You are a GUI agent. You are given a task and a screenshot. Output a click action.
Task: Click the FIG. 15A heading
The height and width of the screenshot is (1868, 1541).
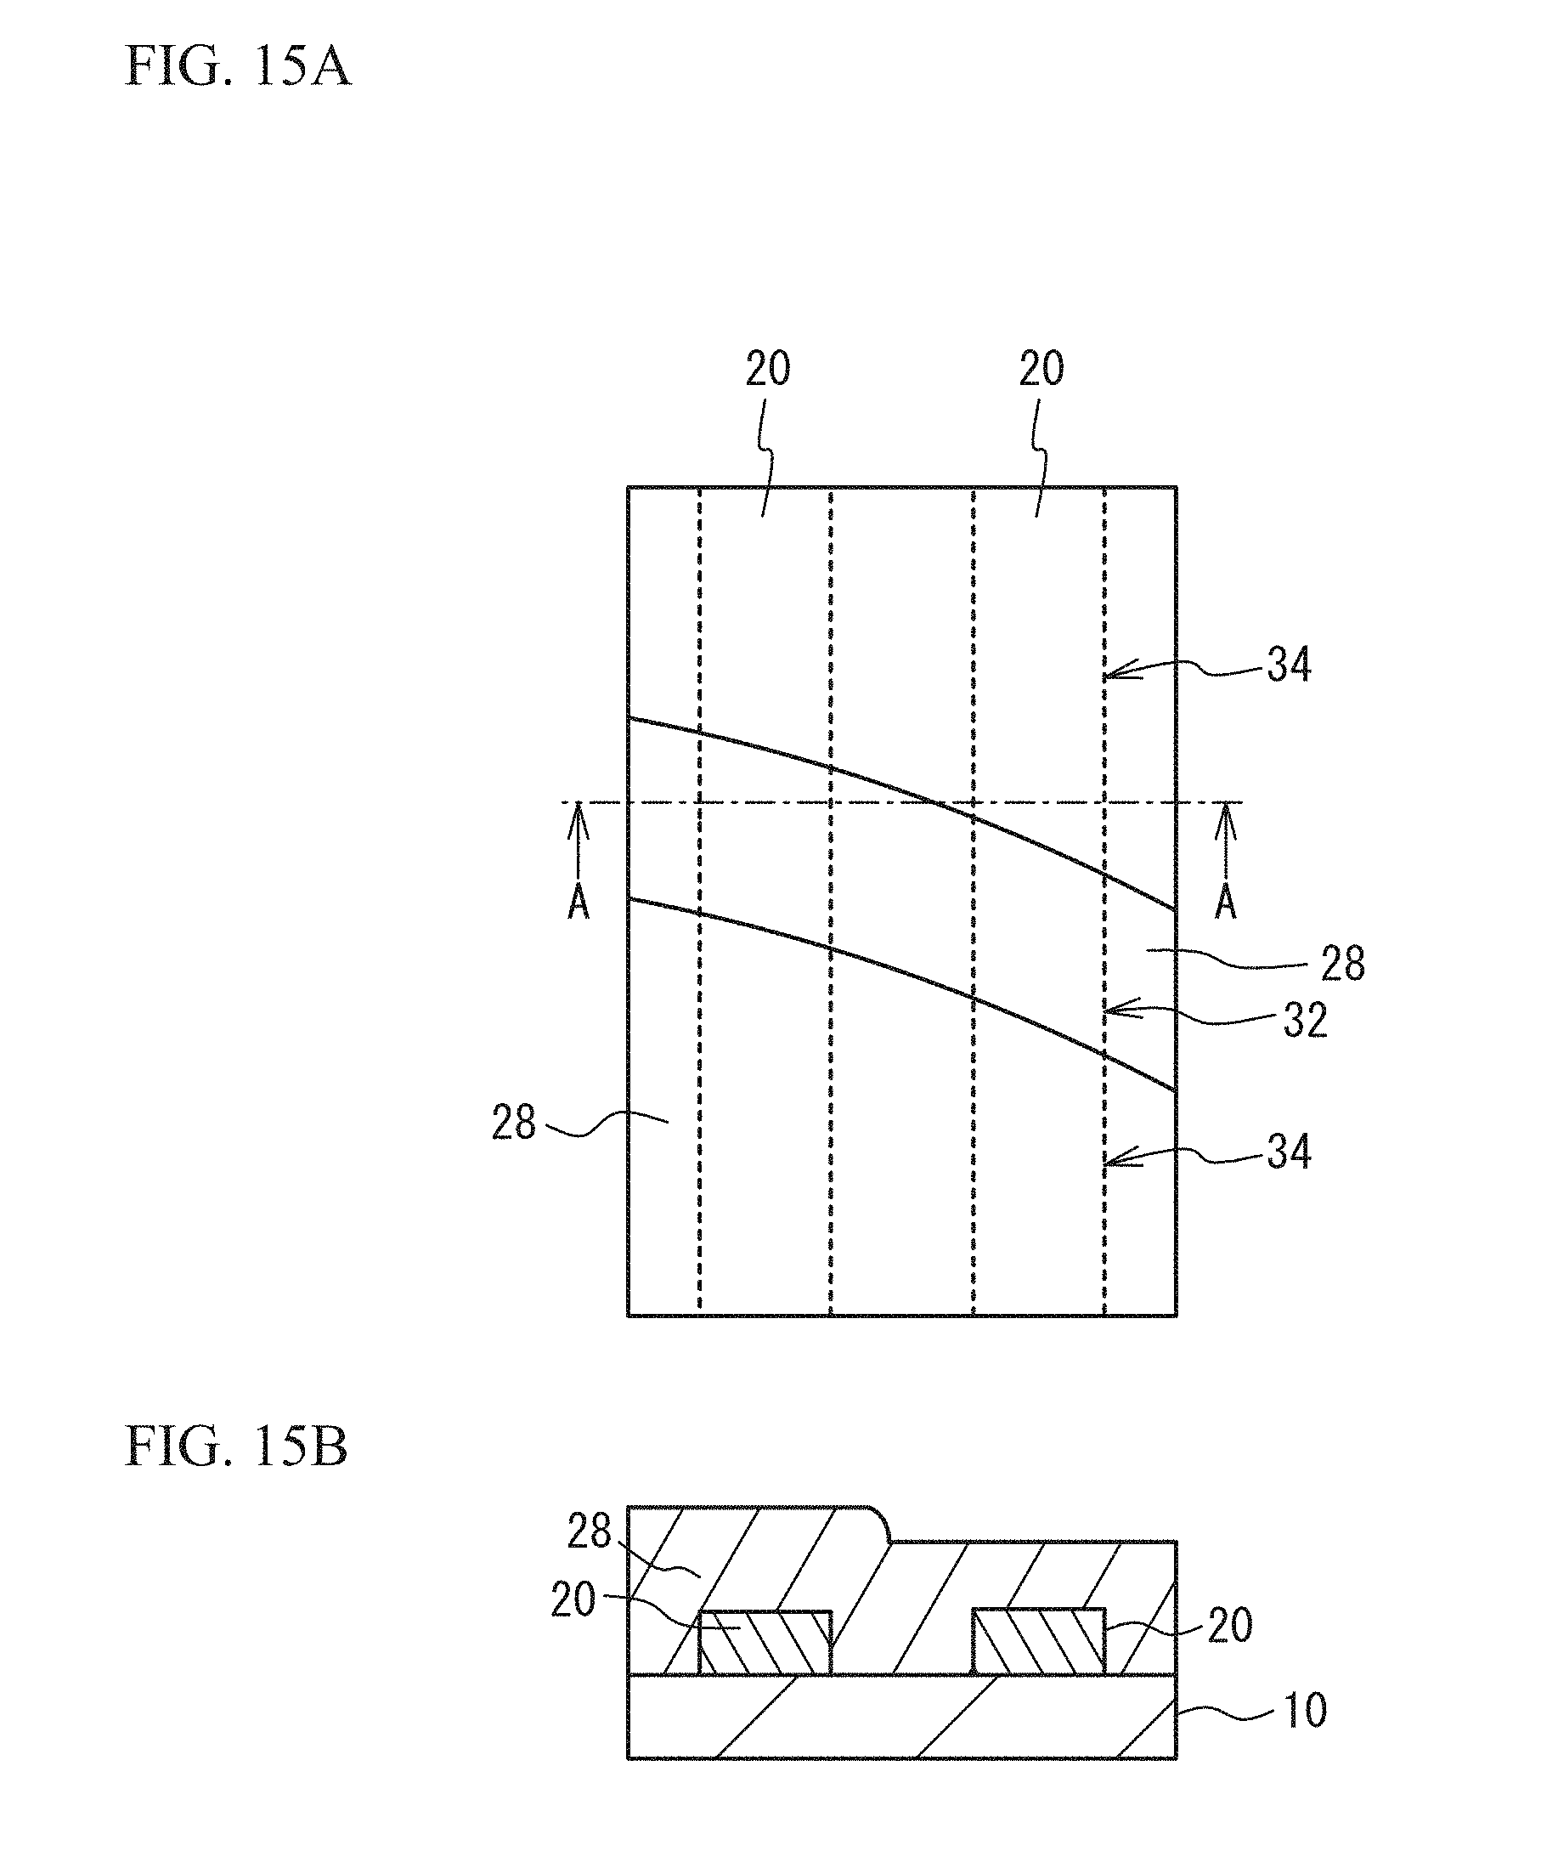point(237,65)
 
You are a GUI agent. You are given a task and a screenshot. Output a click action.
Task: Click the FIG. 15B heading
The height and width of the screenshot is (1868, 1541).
point(235,1446)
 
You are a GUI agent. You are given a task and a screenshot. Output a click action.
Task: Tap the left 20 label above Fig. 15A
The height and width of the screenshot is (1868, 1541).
point(767,369)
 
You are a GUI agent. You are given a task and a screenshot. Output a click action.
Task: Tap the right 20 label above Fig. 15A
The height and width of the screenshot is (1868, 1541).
point(1041,369)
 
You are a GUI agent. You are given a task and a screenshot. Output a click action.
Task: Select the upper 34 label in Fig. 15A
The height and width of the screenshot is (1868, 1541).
point(1289,664)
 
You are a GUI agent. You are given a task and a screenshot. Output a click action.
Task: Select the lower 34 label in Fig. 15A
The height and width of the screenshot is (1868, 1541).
point(1289,1152)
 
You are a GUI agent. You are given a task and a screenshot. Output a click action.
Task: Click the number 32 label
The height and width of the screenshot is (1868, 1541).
point(1305,1021)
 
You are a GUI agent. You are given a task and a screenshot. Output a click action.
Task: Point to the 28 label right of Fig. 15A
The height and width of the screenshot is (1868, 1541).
point(1342,963)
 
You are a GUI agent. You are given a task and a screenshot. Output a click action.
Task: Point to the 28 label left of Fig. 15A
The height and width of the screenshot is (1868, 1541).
point(514,1124)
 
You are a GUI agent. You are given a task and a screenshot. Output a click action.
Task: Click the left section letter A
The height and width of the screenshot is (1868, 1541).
point(578,903)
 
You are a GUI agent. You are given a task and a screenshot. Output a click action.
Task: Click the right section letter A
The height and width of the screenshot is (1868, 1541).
point(1226,903)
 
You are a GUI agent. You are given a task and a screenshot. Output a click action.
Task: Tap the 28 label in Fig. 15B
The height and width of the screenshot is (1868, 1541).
point(590,1531)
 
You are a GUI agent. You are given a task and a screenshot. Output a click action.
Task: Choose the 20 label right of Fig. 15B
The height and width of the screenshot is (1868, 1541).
point(1229,1625)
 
